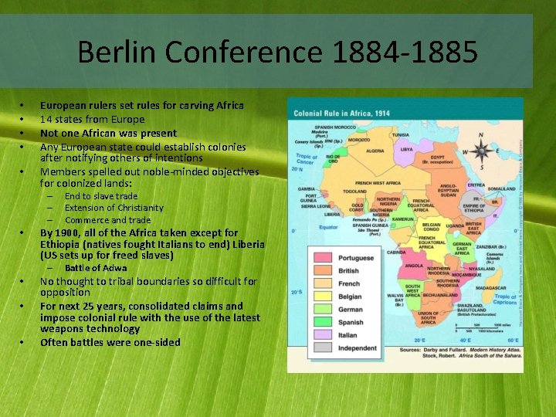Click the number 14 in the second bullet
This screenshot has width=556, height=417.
(x=46, y=119)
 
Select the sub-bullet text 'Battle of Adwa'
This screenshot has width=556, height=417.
(x=96, y=268)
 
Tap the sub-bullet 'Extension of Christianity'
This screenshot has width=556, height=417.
(x=114, y=208)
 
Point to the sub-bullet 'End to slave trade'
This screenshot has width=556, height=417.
(x=100, y=196)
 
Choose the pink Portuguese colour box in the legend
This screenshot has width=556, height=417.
(x=324, y=257)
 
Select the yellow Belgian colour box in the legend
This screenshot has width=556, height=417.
(x=324, y=296)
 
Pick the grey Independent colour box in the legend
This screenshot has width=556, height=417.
(x=324, y=347)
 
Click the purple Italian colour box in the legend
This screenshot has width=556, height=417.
(x=324, y=334)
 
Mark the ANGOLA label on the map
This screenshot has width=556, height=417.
(x=394, y=265)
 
